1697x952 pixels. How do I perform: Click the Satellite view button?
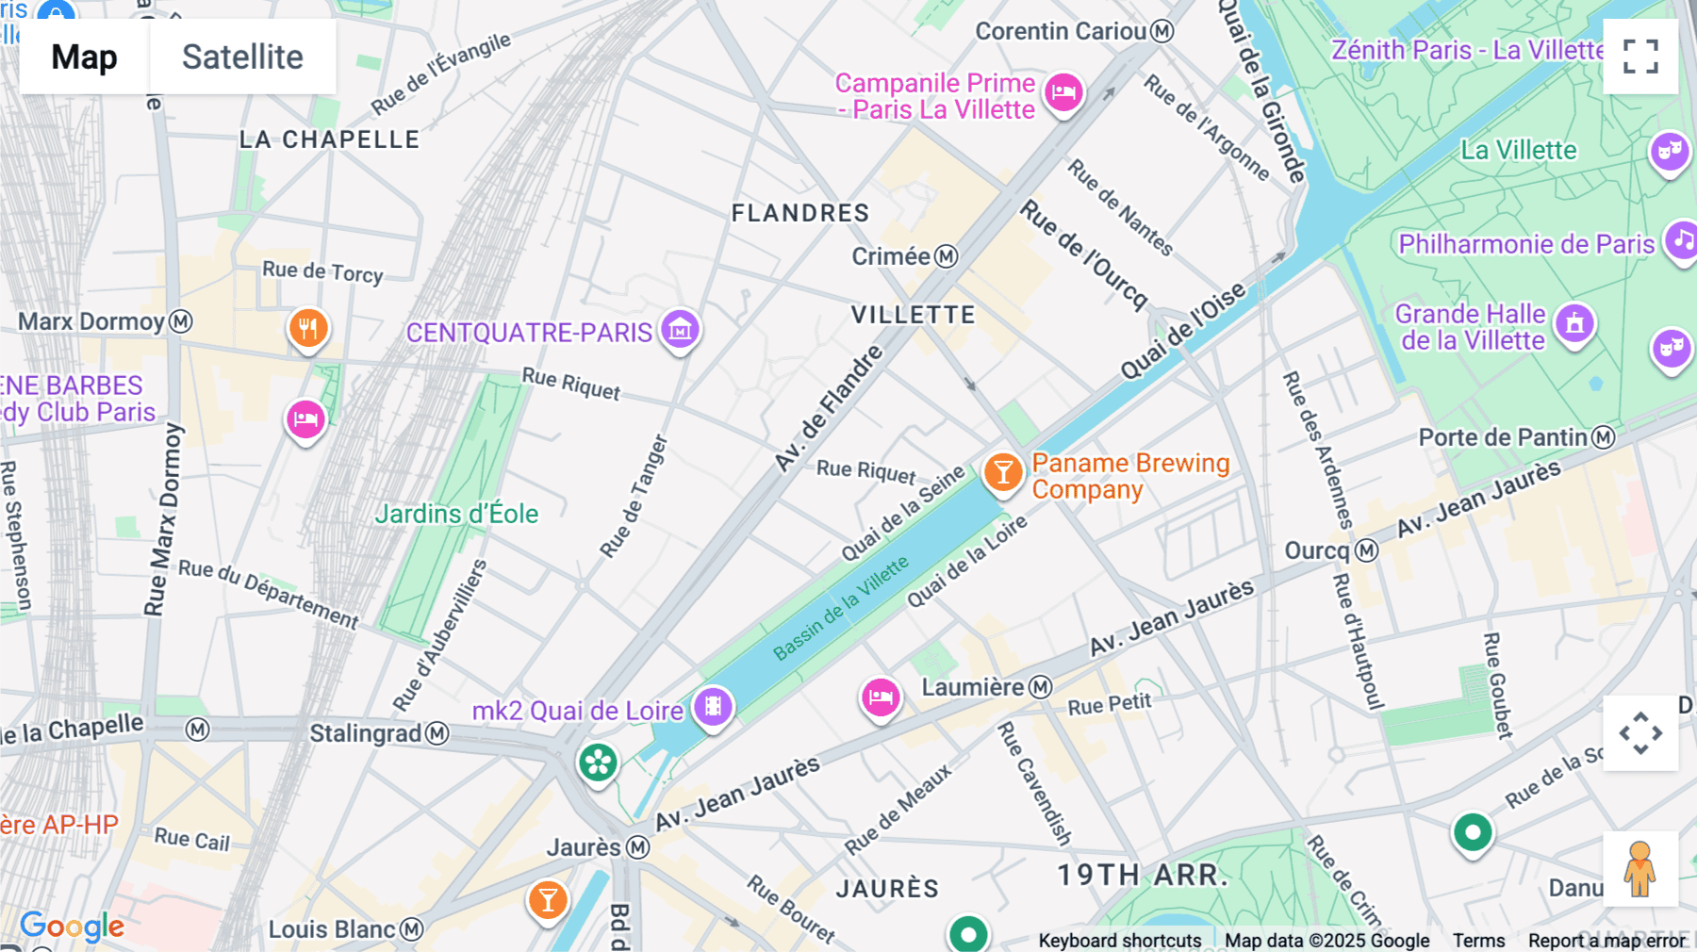(242, 57)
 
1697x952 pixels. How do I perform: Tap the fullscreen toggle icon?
(1640, 57)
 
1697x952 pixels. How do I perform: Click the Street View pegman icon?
(1639, 868)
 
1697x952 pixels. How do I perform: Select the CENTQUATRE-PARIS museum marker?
(680, 330)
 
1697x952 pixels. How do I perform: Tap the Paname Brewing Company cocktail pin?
(1003, 471)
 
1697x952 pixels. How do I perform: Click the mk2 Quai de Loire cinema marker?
(713, 706)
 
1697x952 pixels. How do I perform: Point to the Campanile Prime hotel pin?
(1063, 93)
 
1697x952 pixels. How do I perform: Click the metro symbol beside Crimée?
(947, 256)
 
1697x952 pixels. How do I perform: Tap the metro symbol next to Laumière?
(1040, 687)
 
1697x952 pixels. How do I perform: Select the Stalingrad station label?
(366, 733)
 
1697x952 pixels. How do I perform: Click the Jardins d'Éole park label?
(456, 514)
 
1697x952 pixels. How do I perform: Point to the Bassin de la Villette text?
(841, 608)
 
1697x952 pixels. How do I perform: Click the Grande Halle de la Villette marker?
(1573, 324)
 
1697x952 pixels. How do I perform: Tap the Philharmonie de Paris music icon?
(1681, 240)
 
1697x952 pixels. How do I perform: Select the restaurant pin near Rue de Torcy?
(308, 328)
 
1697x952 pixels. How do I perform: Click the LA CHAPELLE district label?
(329, 140)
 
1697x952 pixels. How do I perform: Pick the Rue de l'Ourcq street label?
(1084, 254)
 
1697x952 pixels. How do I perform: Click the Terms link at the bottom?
(1478, 940)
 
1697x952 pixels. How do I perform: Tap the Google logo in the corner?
(72, 926)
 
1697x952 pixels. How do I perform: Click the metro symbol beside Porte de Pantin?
(1604, 437)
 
